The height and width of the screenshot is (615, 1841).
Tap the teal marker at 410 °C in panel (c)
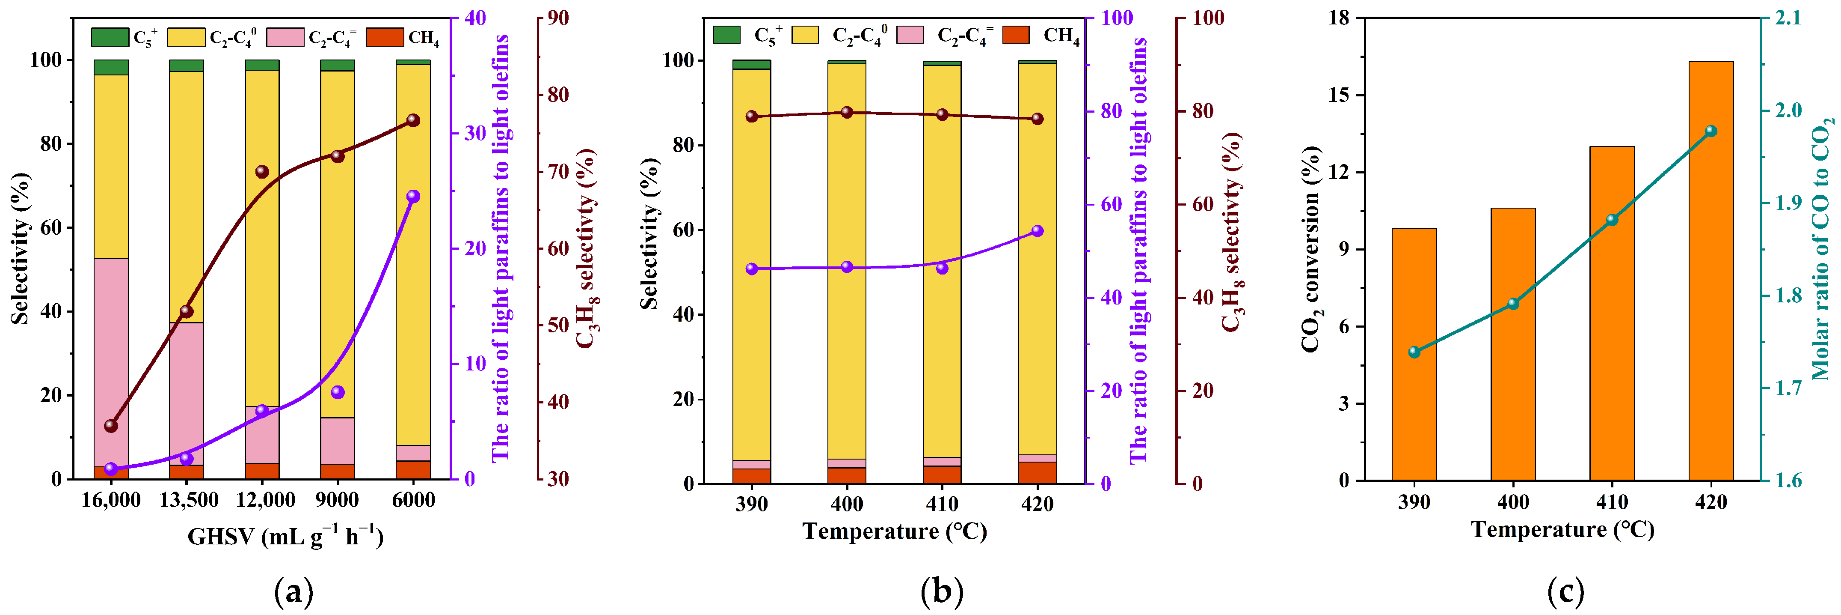(1612, 220)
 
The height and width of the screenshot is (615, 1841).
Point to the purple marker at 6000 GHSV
(413, 197)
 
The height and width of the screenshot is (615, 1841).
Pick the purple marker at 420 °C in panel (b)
(1037, 231)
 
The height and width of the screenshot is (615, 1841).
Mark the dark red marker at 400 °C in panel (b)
(847, 112)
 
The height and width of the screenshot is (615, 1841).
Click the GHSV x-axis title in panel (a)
(285, 536)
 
